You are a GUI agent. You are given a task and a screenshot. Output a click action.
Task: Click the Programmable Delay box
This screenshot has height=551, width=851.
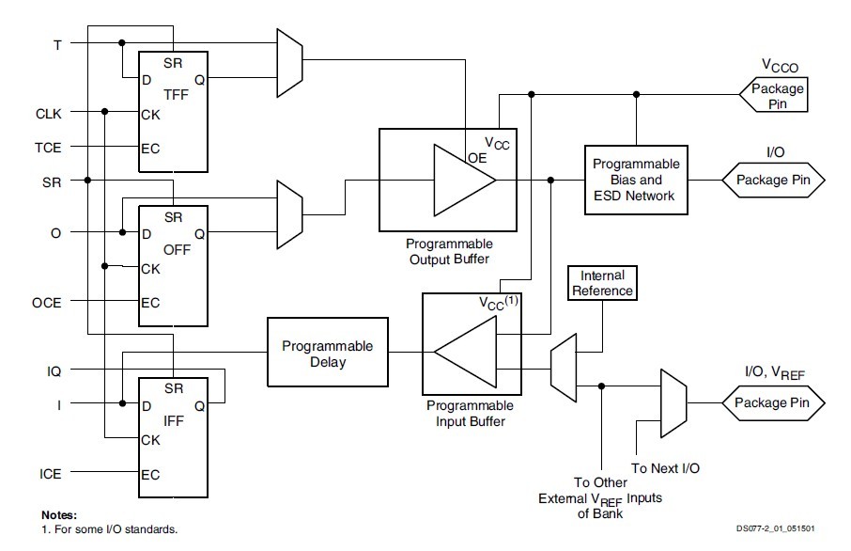[327, 354]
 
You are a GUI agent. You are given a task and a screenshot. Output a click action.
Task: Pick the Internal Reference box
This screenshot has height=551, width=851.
[602, 283]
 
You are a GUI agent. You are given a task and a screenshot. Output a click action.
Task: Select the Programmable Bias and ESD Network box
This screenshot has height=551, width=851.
[636, 179]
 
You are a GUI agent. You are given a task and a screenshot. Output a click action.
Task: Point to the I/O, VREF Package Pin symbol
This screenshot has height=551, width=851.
[773, 403]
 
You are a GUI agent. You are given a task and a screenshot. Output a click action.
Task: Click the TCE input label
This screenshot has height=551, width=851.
[49, 147]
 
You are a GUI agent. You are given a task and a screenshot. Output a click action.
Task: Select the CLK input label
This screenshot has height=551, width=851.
[49, 113]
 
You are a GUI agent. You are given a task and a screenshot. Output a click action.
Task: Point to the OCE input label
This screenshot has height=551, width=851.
[49, 302]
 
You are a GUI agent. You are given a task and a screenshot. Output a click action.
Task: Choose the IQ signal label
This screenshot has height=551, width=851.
[54, 371]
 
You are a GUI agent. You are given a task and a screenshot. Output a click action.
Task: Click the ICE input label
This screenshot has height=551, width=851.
[50, 474]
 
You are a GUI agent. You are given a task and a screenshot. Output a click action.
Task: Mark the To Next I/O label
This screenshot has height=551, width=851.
[665, 467]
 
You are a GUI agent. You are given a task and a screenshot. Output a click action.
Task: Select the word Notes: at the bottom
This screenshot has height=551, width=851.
[59, 515]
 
